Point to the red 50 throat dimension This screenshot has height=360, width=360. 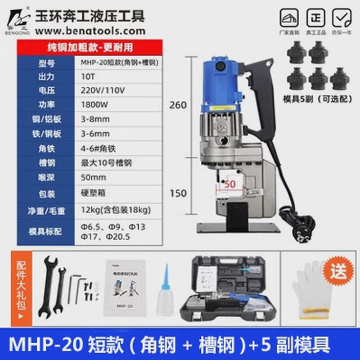click(x=230, y=184)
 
